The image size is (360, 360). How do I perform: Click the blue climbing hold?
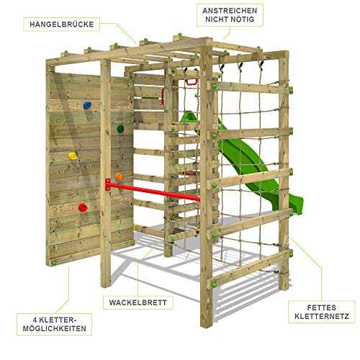(87, 105)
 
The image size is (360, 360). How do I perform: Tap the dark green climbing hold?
(120, 129)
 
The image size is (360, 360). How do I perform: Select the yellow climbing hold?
(73, 156)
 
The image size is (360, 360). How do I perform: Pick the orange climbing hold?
(119, 176)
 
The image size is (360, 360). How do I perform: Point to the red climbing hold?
(83, 207)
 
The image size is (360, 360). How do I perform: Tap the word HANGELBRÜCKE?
(62, 24)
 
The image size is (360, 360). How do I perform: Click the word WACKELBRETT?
(138, 302)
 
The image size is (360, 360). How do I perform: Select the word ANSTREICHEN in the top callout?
(230, 11)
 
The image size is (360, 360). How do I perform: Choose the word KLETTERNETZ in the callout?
(322, 316)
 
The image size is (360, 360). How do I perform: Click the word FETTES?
(322, 307)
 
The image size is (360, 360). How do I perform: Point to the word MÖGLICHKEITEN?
(55, 328)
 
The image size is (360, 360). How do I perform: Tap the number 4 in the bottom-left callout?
(35, 320)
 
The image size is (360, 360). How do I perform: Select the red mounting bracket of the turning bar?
(108, 185)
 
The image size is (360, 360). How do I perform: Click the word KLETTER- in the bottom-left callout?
(58, 320)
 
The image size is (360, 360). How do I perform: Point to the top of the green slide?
(189, 114)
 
